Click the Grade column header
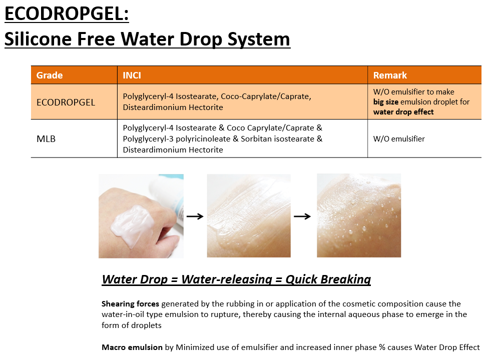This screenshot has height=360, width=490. (x=50, y=75)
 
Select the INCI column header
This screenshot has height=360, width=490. (x=132, y=75)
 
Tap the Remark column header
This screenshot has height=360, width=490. (x=390, y=75)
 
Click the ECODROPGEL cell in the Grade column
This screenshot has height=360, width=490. (x=66, y=102)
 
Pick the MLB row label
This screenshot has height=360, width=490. (x=46, y=138)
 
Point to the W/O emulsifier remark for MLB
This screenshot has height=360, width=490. (x=399, y=138)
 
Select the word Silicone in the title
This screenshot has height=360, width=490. (x=38, y=39)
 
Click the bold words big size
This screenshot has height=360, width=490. (x=385, y=102)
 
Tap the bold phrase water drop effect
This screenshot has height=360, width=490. (x=403, y=112)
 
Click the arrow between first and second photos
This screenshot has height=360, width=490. (x=195, y=216)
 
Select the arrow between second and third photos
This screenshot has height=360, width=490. (x=302, y=216)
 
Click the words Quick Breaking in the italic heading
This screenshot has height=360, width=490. (x=328, y=279)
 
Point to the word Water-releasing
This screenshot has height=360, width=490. (x=227, y=279)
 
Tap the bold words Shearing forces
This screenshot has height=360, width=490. (x=130, y=304)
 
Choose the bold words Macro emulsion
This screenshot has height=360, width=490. (x=132, y=347)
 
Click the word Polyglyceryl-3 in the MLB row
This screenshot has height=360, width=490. (x=148, y=138)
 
